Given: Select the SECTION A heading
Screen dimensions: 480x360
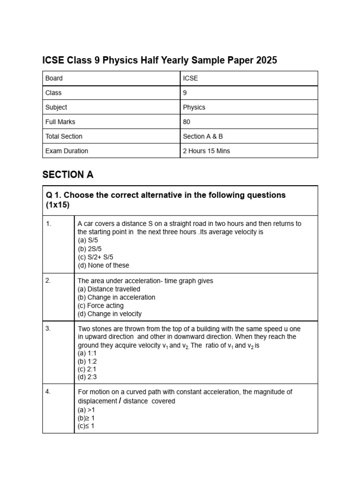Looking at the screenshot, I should tap(68, 175).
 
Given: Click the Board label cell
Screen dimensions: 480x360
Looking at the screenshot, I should tap(54, 78).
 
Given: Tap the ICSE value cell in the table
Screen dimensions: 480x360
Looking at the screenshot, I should tap(191, 78).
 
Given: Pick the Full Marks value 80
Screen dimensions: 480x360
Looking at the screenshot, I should tap(187, 122).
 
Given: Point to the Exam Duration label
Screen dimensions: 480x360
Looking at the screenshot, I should tap(67, 151).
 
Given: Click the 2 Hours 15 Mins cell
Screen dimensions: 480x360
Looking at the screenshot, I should tap(206, 151).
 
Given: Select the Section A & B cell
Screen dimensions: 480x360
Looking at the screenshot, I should tap(203, 136).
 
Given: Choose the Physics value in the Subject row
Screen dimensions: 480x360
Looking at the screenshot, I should tap(194, 107).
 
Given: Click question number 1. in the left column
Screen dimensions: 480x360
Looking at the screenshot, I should tap(49, 224).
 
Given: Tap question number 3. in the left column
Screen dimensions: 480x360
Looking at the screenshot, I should tap(49, 329).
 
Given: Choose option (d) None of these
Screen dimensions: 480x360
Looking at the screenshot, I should tap(103, 265).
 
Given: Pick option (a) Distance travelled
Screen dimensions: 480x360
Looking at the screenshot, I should tap(109, 289).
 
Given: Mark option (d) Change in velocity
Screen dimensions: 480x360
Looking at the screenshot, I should tap(109, 314).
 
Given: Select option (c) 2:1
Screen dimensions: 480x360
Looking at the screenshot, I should tap(87, 369).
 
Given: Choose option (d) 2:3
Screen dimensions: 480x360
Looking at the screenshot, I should tap(87, 377).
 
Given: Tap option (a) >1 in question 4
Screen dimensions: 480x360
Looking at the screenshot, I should tap(86, 410).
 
